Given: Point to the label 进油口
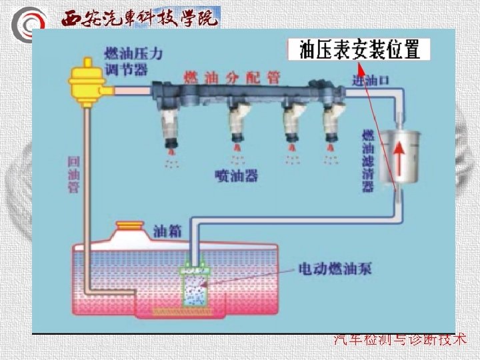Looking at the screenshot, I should tap(371, 81).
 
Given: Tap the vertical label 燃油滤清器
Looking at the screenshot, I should tap(367, 161).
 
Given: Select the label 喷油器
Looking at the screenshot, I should tap(237, 175).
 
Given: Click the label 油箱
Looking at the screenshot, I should tap(167, 231).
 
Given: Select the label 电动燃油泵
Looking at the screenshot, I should tap(335, 269).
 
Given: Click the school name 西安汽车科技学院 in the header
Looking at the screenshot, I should tap(140, 18).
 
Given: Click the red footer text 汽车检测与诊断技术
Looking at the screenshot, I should tap(400, 339).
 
